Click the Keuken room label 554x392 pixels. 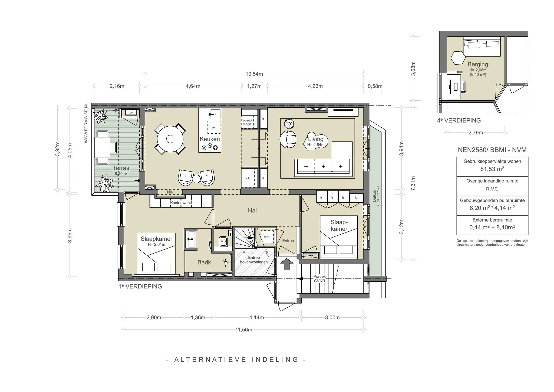(210, 139)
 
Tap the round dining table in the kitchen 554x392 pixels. (170, 139)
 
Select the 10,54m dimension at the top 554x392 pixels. (254, 74)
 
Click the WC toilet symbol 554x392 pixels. (223, 241)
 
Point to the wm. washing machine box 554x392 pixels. (267, 237)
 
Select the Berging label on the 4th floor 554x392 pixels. (478, 64)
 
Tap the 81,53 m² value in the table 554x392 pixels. (492, 169)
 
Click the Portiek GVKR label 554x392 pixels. (319, 279)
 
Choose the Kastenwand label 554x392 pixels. (181, 203)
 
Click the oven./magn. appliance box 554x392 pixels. (247, 122)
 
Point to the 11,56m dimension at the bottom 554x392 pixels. (243, 330)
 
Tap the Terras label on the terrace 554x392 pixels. (121, 168)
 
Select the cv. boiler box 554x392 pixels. (131, 113)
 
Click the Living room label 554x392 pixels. (316, 139)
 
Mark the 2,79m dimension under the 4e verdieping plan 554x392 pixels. (476, 133)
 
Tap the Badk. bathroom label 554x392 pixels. (205, 262)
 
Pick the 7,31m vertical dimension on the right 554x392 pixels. (413, 183)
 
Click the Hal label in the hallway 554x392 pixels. (252, 210)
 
